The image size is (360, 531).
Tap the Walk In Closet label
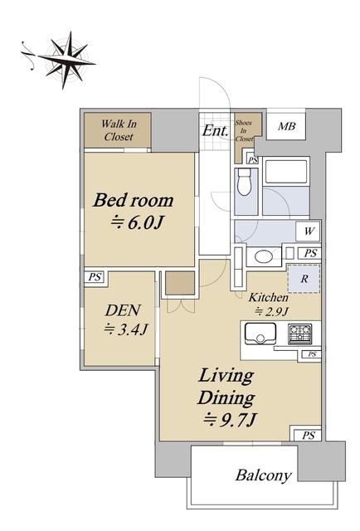coord(119,130)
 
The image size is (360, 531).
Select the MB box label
coord(286,126)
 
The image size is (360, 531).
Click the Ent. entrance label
coord(215,130)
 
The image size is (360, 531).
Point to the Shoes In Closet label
coord(244,131)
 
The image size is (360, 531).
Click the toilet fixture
coord(244,182)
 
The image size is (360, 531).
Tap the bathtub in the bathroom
coord(286,172)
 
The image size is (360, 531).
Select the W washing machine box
coord(309,231)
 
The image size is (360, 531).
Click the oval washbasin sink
coord(264,256)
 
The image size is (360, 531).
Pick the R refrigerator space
coord(304,279)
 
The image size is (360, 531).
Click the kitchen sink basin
coord(260,334)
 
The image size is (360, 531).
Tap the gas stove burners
coord(299,334)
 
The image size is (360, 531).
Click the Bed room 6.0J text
coord(134,211)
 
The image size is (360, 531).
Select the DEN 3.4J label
coord(125,320)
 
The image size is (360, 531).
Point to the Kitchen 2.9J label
coord(270,304)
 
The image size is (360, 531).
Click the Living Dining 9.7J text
coord(227,397)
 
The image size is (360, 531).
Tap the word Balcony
coord(264,475)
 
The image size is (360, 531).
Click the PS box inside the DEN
coord(95,277)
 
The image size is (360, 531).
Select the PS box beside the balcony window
coord(308,435)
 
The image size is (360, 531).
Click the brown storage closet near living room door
coord(180,283)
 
